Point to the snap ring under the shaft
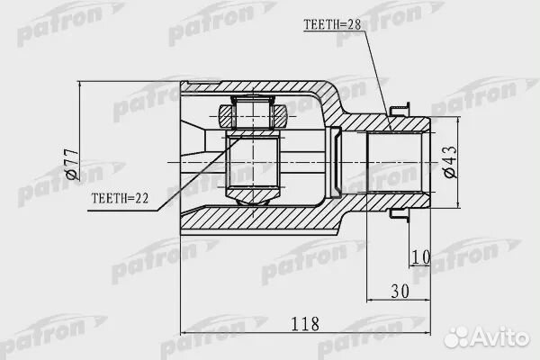[398, 215]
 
